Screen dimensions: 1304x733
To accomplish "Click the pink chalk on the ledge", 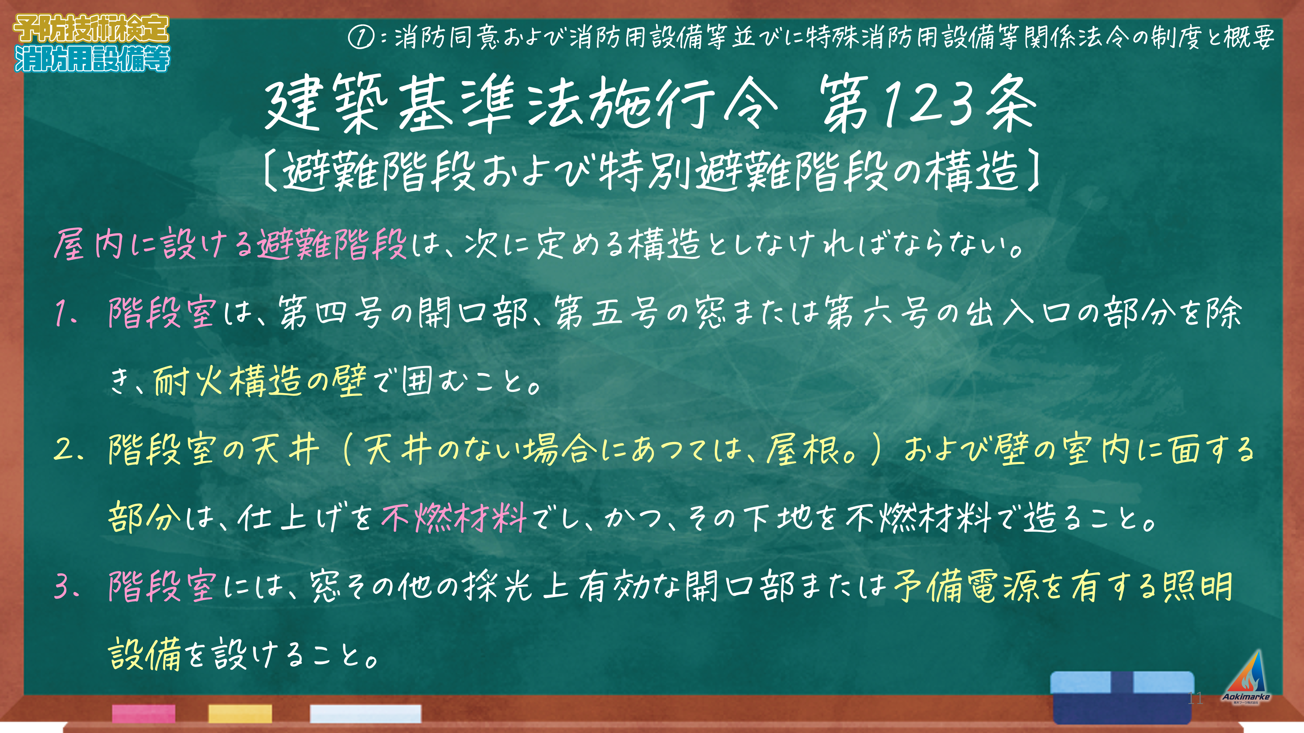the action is pyautogui.click(x=144, y=714).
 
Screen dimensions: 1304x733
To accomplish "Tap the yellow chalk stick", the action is pyautogui.click(x=240, y=714).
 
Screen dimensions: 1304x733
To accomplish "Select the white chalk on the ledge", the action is pyautogui.click(x=365, y=714).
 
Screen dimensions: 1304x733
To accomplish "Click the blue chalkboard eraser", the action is pyautogui.click(x=1122, y=697).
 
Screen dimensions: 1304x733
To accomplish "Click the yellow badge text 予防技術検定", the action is pyautogui.click(x=91, y=29).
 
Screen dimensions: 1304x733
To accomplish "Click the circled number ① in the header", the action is pyautogui.click(x=361, y=37).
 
